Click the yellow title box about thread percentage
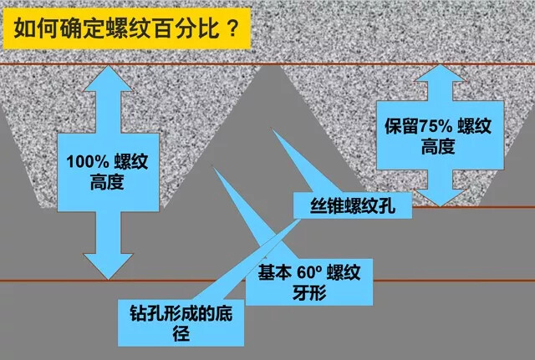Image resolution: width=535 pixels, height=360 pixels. click(x=127, y=28)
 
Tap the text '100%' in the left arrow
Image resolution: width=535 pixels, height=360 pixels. click(x=87, y=161)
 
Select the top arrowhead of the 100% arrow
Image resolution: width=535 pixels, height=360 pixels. click(x=108, y=79)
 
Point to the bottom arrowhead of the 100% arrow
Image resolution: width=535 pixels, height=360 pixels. click(x=108, y=266)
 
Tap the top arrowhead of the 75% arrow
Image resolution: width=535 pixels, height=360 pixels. click(x=441, y=73)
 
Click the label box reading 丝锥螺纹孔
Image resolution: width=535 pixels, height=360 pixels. click(x=353, y=205)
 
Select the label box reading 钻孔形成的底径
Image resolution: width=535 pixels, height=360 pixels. click(x=181, y=323)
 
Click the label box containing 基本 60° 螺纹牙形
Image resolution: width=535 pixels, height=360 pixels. click(x=309, y=282)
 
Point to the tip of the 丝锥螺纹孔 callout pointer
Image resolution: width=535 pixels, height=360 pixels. click(x=272, y=129)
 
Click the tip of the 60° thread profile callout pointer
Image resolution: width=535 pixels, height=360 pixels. click(x=213, y=167)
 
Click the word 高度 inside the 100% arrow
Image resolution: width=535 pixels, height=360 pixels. click(x=107, y=182)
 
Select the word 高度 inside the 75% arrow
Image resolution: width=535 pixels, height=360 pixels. click(x=438, y=147)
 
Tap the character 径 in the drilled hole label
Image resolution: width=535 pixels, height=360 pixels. click(x=181, y=333)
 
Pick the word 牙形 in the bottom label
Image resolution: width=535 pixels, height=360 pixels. click(x=309, y=292)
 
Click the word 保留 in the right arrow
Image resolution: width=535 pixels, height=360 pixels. click(x=401, y=126)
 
